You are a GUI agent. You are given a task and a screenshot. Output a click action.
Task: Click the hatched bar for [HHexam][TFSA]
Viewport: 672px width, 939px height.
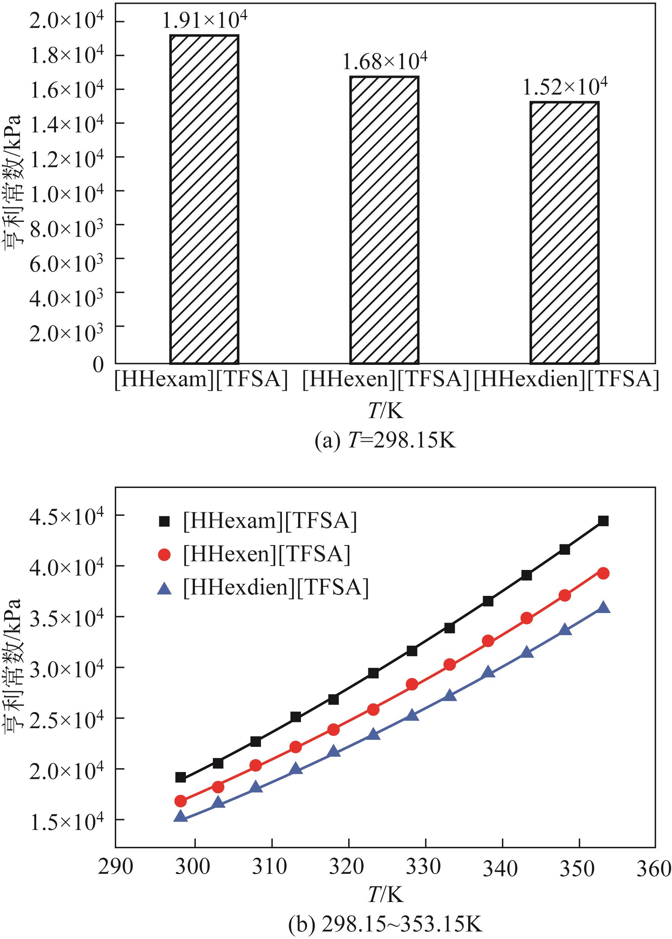[x=204, y=199]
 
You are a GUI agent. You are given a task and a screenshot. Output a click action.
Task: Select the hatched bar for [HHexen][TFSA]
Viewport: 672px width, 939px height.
[x=384, y=220]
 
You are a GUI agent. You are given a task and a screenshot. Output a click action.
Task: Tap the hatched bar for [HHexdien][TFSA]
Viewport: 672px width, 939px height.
[x=565, y=232]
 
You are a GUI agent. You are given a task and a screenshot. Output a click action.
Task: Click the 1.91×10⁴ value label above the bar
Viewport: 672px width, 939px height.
[x=205, y=20]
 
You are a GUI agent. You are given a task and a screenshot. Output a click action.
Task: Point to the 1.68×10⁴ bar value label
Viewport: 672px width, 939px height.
[x=384, y=61]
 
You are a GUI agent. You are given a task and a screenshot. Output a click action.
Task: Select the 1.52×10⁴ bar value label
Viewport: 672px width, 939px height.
[x=565, y=87]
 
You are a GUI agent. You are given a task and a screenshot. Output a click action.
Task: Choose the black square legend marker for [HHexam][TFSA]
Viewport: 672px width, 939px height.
[x=164, y=521]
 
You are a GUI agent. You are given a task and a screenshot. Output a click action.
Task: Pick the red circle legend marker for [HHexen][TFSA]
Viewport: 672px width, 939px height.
[x=164, y=554]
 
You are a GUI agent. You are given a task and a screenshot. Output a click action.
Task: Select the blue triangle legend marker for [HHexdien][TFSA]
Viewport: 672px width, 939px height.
[x=164, y=588]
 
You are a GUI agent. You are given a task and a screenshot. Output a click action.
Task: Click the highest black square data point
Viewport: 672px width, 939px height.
[x=603, y=521]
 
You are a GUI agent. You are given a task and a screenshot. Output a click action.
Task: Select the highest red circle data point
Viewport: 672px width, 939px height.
[x=603, y=573]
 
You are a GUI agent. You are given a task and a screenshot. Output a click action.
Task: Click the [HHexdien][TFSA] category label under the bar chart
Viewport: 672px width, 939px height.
[x=566, y=379]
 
